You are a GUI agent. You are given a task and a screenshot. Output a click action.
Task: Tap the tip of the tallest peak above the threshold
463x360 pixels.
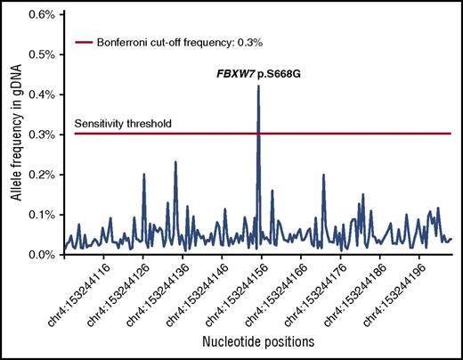(258, 86)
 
